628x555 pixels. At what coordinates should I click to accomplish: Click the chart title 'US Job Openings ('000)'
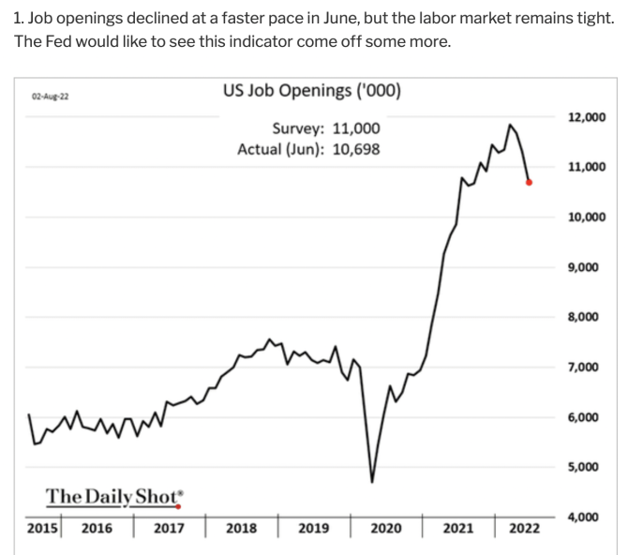312,91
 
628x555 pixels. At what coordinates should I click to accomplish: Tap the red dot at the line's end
530,183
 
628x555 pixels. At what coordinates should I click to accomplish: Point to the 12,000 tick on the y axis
587,117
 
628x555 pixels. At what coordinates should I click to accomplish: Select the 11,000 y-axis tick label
587,167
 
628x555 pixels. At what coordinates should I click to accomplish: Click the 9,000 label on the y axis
587,267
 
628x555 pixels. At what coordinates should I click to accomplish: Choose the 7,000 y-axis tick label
587,367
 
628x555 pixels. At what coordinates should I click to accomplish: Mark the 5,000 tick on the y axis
587,466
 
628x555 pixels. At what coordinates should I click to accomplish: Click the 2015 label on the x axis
41,529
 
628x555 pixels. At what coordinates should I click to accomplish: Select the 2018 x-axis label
241,529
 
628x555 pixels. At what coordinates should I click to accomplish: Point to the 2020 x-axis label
385,529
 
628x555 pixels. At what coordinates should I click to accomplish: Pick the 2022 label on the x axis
524,529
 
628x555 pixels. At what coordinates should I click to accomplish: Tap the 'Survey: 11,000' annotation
326,128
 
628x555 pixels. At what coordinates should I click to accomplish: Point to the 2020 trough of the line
372,481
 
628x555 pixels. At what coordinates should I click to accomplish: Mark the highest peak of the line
510,124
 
